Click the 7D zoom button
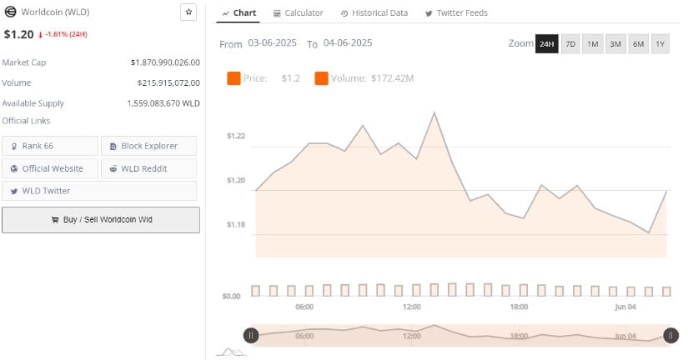click(570, 44)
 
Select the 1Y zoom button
click(660, 44)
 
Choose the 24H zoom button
click(546, 44)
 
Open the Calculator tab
click(298, 13)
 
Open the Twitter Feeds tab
click(456, 13)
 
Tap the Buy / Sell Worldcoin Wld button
click(101, 220)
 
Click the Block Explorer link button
click(149, 146)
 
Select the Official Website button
click(50, 168)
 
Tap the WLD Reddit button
click(149, 168)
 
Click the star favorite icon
click(188, 12)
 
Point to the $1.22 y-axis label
click(236, 136)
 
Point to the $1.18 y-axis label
click(236, 224)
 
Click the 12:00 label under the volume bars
click(412, 307)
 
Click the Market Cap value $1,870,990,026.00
click(165, 62)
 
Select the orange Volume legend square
click(321, 78)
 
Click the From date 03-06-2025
click(273, 43)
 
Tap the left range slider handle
click(251, 335)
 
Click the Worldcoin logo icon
click(12, 12)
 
